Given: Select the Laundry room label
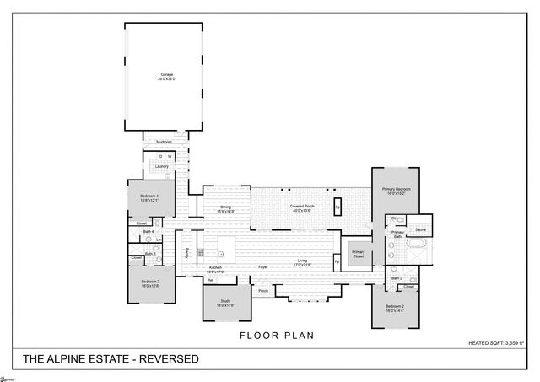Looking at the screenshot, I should point(161,166).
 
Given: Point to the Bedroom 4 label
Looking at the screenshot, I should point(150,196).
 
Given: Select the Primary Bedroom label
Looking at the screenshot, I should point(396,190).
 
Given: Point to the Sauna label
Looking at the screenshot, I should point(419,229).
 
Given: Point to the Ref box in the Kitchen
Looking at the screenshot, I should point(209,280).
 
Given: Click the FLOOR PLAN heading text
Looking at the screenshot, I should point(277,336).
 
